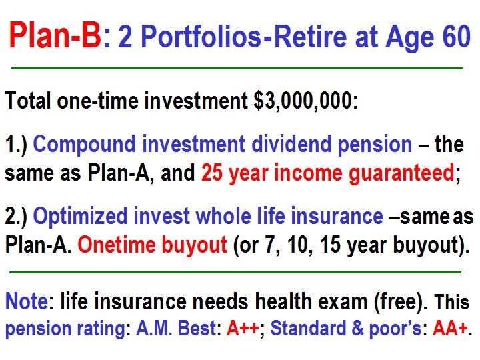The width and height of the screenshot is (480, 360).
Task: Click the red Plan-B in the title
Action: pos(55,35)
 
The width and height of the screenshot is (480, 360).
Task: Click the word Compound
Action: pos(84,145)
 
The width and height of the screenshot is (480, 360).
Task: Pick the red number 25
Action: pos(211,173)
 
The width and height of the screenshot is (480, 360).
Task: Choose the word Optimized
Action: pos(80,217)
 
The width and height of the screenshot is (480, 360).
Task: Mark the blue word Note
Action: pos(27,301)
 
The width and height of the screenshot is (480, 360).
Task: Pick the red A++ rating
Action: pos(243,328)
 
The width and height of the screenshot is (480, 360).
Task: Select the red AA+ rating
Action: pos(450,328)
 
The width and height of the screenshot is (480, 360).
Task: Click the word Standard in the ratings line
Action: pos(308,328)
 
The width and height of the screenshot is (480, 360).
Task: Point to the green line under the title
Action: pos(237,68)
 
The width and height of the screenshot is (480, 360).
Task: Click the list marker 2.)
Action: pos(16,217)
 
